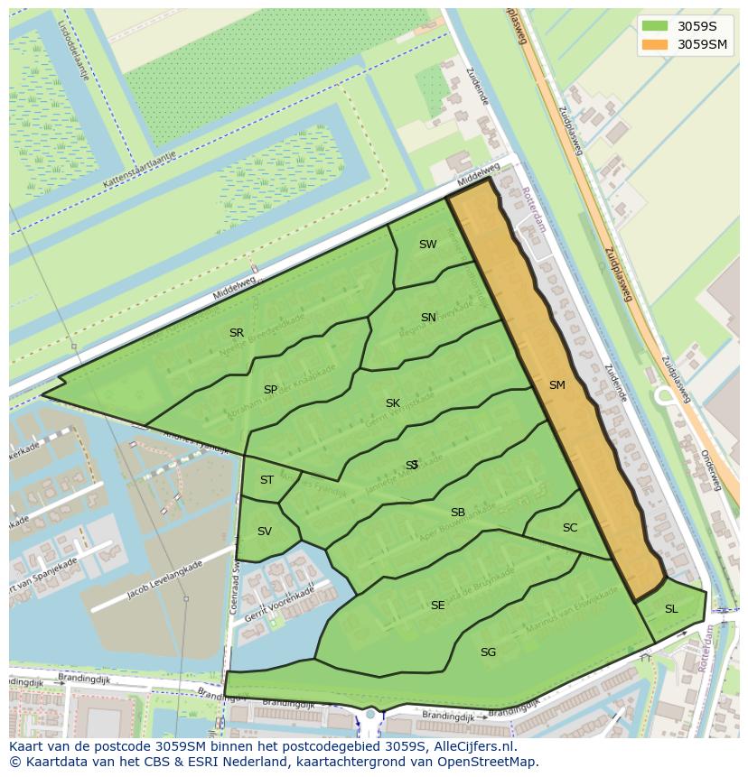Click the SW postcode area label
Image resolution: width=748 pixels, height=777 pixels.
(x=427, y=245)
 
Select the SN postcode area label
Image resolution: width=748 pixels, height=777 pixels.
(x=428, y=318)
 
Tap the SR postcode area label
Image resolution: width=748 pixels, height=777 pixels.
(x=237, y=333)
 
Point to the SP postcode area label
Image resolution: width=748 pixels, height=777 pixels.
(x=270, y=390)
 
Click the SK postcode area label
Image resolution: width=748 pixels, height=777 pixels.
(x=392, y=403)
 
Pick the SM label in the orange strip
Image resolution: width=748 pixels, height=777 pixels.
(x=556, y=385)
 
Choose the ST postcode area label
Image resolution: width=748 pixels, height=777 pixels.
(x=266, y=480)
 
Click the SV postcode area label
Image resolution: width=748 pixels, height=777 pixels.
(x=264, y=532)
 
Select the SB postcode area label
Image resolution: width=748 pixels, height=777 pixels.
(x=458, y=513)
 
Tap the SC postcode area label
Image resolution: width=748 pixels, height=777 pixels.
(x=569, y=528)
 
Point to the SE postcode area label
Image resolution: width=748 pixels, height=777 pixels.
(x=437, y=606)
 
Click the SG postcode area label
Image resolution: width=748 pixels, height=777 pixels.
(x=488, y=652)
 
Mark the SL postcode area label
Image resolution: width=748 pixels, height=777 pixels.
(x=670, y=609)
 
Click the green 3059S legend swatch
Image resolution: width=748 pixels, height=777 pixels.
(x=655, y=26)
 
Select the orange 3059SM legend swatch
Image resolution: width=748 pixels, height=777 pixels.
(x=655, y=44)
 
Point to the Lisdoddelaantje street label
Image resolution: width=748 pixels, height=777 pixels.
(x=73, y=50)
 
